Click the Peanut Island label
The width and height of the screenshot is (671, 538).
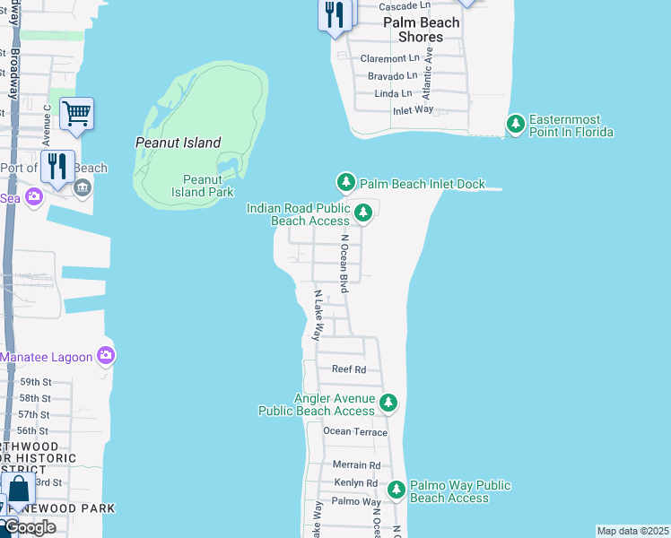coord(178,143)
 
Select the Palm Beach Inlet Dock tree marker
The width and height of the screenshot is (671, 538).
coord(346,183)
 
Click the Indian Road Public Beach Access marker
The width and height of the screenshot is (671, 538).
coord(363,213)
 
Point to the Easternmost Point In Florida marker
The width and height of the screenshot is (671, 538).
coord(516,124)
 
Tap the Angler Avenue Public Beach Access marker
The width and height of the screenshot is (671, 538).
coord(388,403)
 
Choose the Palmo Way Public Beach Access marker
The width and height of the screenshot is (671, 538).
coord(396,490)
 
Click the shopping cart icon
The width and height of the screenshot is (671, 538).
coord(76,114)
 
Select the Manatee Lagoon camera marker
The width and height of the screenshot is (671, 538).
coord(107,357)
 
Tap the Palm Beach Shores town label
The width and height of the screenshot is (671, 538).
coord(421,30)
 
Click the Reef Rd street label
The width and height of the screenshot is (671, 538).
coord(349,369)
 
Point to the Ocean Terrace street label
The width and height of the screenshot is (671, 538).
coord(355,432)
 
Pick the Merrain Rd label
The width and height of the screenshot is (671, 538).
coord(356,465)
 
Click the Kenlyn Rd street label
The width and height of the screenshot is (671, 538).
coord(355,483)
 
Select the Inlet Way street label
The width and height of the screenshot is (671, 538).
coord(413,110)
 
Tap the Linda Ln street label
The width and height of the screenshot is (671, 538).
coord(393,93)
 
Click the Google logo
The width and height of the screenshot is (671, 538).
coord(30,526)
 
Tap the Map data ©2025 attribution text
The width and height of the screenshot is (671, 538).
coord(632,531)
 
